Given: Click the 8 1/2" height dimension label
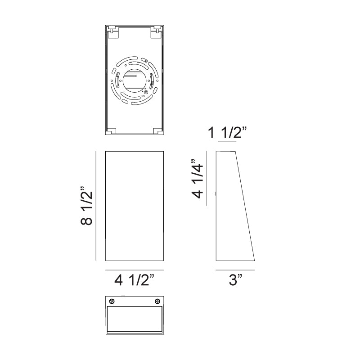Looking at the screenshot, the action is (x=87, y=206).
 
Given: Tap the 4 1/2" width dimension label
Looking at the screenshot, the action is (x=134, y=280).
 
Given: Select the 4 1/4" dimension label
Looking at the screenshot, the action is (x=198, y=178).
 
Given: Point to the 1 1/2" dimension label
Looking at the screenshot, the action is (x=227, y=132).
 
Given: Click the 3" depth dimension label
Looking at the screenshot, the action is (x=235, y=280).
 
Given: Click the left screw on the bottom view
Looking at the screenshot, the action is (x=112, y=301).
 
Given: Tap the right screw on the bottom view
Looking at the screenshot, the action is (x=157, y=301).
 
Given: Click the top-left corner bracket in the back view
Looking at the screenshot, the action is (x=112, y=32).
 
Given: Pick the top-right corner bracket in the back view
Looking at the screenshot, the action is (x=156, y=32).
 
